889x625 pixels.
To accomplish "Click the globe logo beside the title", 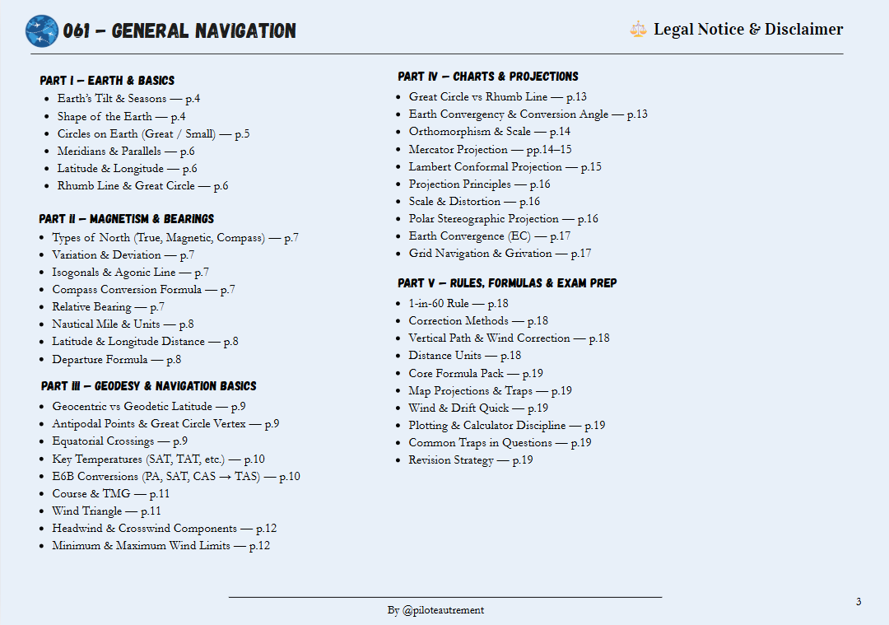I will pos(42,31).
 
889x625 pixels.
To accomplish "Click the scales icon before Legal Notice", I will pos(638,30).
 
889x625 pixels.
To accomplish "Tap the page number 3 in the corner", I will pos(859,602).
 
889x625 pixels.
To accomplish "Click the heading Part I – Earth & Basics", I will pos(107,81).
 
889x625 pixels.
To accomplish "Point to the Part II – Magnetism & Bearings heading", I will pos(126,219).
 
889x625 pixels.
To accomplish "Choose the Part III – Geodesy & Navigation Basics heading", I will pos(148,386).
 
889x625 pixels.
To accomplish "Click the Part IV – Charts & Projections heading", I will pos(487,77).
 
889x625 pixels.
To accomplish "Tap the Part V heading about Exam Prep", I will pos(506,283).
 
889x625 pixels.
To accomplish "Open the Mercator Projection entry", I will pos(490,150).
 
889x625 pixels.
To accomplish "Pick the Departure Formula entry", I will pos(116,360).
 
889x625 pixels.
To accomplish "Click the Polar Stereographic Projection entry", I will pos(503,219).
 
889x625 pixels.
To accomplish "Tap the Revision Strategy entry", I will pos(470,460).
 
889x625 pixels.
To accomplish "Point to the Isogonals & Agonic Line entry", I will pos(130,273).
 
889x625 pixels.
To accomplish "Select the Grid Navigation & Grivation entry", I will pos(500,254).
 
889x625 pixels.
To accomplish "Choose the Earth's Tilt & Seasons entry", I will pos(128,99).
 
